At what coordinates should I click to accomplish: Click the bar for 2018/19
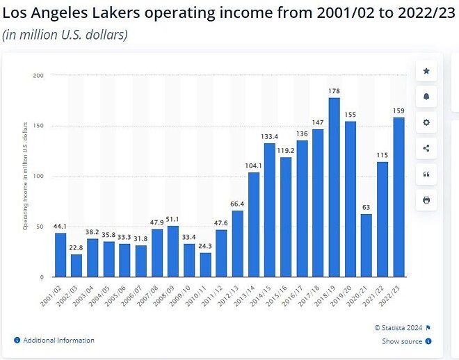pyautogui.click(x=334, y=187)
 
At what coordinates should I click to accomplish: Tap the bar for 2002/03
pyautogui.click(x=76, y=265)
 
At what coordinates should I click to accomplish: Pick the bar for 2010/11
pyautogui.click(x=205, y=265)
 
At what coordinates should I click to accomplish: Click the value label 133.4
pyautogui.click(x=270, y=136)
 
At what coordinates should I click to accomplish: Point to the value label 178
pyautogui.click(x=334, y=91)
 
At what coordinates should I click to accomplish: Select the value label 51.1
pyautogui.click(x=173, y=219)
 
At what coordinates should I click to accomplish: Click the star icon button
pyautogui.click(x=426, y=71)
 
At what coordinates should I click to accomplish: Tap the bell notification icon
pyautogui.click(x=426, y=97)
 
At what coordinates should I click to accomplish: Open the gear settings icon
pyautogui.click(x=426, y=122)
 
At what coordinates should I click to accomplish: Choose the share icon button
pyautogui.click(x=426, y=148)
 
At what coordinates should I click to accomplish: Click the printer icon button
pyautogui.click(x=426, y=199)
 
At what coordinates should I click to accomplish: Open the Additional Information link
pyautogui.click(x=58, y=341)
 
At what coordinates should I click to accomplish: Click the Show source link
pyautogui.click(x=402, y=341)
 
